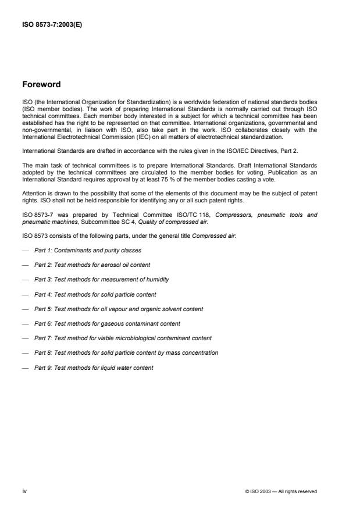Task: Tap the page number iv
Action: pyautogui.click(x=25, y=491)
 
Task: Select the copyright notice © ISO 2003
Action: pyautogui.click(x=281, y=492)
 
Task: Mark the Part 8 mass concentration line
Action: pyautogui.click(x=126, y=353)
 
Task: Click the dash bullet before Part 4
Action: pyautogui.click(x=26, y=294)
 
